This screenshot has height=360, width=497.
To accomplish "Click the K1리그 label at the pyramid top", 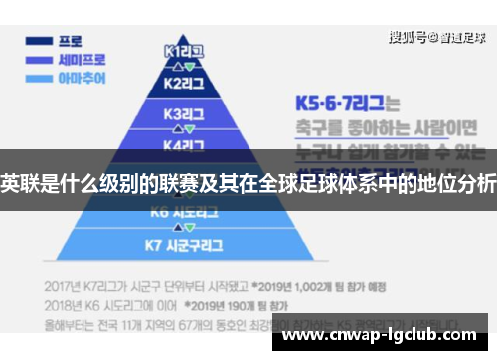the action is [184, 49].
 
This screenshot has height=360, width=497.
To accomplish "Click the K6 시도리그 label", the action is [183, 212].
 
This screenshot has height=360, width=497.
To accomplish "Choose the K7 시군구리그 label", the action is [183, 244].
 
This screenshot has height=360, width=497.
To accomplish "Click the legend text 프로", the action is [70, 42].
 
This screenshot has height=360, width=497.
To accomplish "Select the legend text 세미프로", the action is [79, 59].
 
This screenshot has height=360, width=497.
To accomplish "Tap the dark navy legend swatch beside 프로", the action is [39, 42].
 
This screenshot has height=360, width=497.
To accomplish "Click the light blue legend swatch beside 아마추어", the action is [39, 77].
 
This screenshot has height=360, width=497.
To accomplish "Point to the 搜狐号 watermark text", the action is [408, 38].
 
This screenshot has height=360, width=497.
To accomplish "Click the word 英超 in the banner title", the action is [19, 182].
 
